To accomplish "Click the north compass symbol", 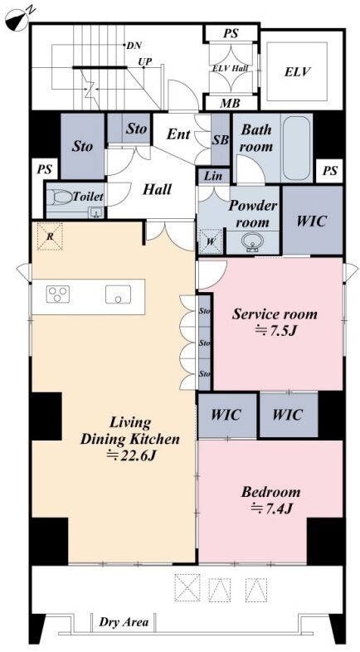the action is [x=17, y=18].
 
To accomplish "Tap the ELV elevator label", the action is [x=298, y=71].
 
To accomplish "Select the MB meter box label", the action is [x=230, y=102].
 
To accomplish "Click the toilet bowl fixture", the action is [x=59, y=197].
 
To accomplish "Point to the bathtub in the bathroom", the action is [x=296, y=148].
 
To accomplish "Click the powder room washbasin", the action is [x=252, y=242].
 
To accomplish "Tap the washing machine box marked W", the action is [x=211, y=241].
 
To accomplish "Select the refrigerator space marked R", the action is [x=50, y=236].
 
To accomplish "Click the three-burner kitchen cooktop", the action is [x=58, y=294].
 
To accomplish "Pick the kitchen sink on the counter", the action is [x=118, y=294].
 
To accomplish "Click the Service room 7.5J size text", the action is [x=275, y=331].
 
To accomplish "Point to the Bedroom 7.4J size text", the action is [x=270, y=508].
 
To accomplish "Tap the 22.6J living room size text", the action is [x=130, y=455].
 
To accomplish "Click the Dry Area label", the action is [x=124, y=622].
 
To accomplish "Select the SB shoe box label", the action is [x=221, y=140].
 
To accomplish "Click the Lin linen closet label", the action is [x=214, y=177].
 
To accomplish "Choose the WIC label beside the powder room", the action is [x=312, y=221].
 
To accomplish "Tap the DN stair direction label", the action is [x=134, y=46].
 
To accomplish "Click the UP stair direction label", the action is [x=145, y=62].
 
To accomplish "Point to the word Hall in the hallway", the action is [x=157, y=190].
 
